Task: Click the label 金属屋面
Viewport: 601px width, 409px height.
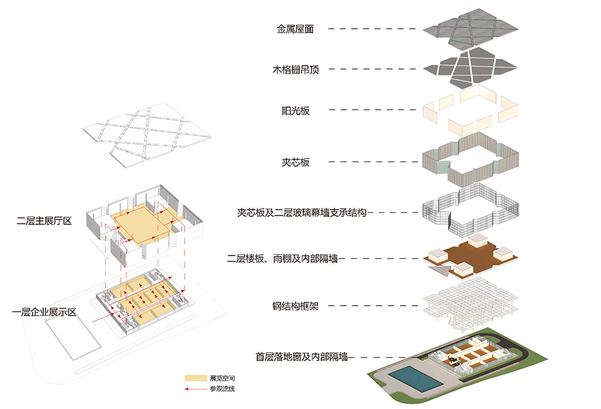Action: (x=295, y=29)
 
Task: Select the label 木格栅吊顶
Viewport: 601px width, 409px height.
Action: (x=295, y=70)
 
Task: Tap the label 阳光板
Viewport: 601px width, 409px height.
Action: (x=295, y=111)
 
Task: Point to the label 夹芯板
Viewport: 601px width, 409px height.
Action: (x=295, y=162)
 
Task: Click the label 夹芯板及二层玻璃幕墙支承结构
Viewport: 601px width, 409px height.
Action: (x=297, y=212)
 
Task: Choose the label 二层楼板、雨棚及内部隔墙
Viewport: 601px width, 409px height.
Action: (x=282, y=258)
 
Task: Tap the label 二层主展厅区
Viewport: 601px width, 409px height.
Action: (x=46, y=220)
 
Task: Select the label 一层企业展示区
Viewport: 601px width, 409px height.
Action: (x=44, y=311)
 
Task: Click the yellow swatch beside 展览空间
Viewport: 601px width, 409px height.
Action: (x=196, y=379)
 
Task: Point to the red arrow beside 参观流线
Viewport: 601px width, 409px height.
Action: (x=196, y=389)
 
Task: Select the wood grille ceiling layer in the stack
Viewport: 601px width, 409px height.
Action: (x=470, y=68)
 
